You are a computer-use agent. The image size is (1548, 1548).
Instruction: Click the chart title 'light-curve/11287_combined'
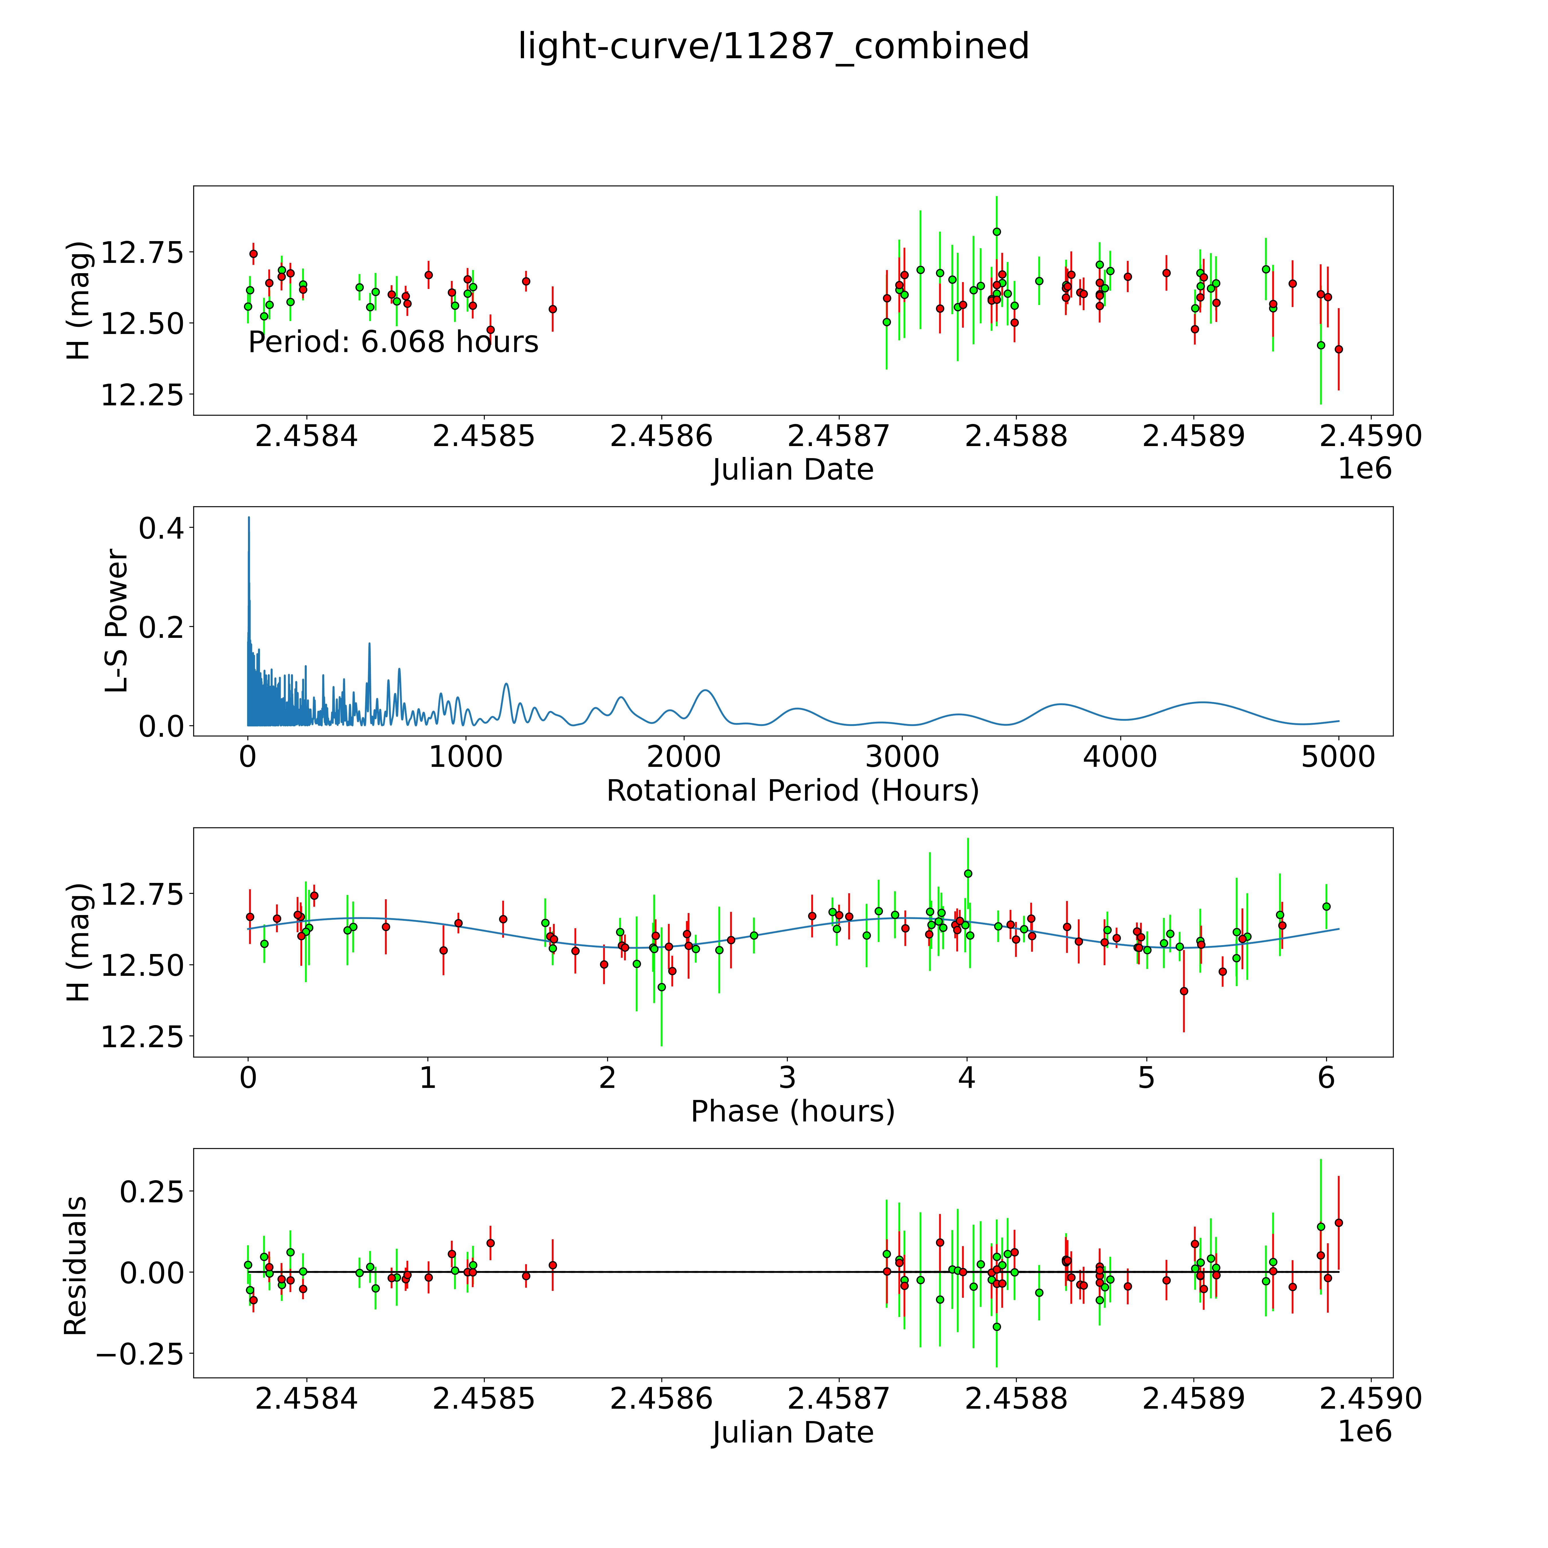tap(773, 46)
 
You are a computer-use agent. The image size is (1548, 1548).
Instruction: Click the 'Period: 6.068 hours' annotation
tap(393, 342)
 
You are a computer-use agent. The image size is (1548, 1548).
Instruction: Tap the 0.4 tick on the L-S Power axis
tap(160, 528)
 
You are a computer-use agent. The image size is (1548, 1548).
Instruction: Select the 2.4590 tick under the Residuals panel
tap(1370, 1398)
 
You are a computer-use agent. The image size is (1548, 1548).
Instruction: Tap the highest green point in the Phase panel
tap(968, 873)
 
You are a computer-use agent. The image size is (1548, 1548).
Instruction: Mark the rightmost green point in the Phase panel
tap(1326, 906)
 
